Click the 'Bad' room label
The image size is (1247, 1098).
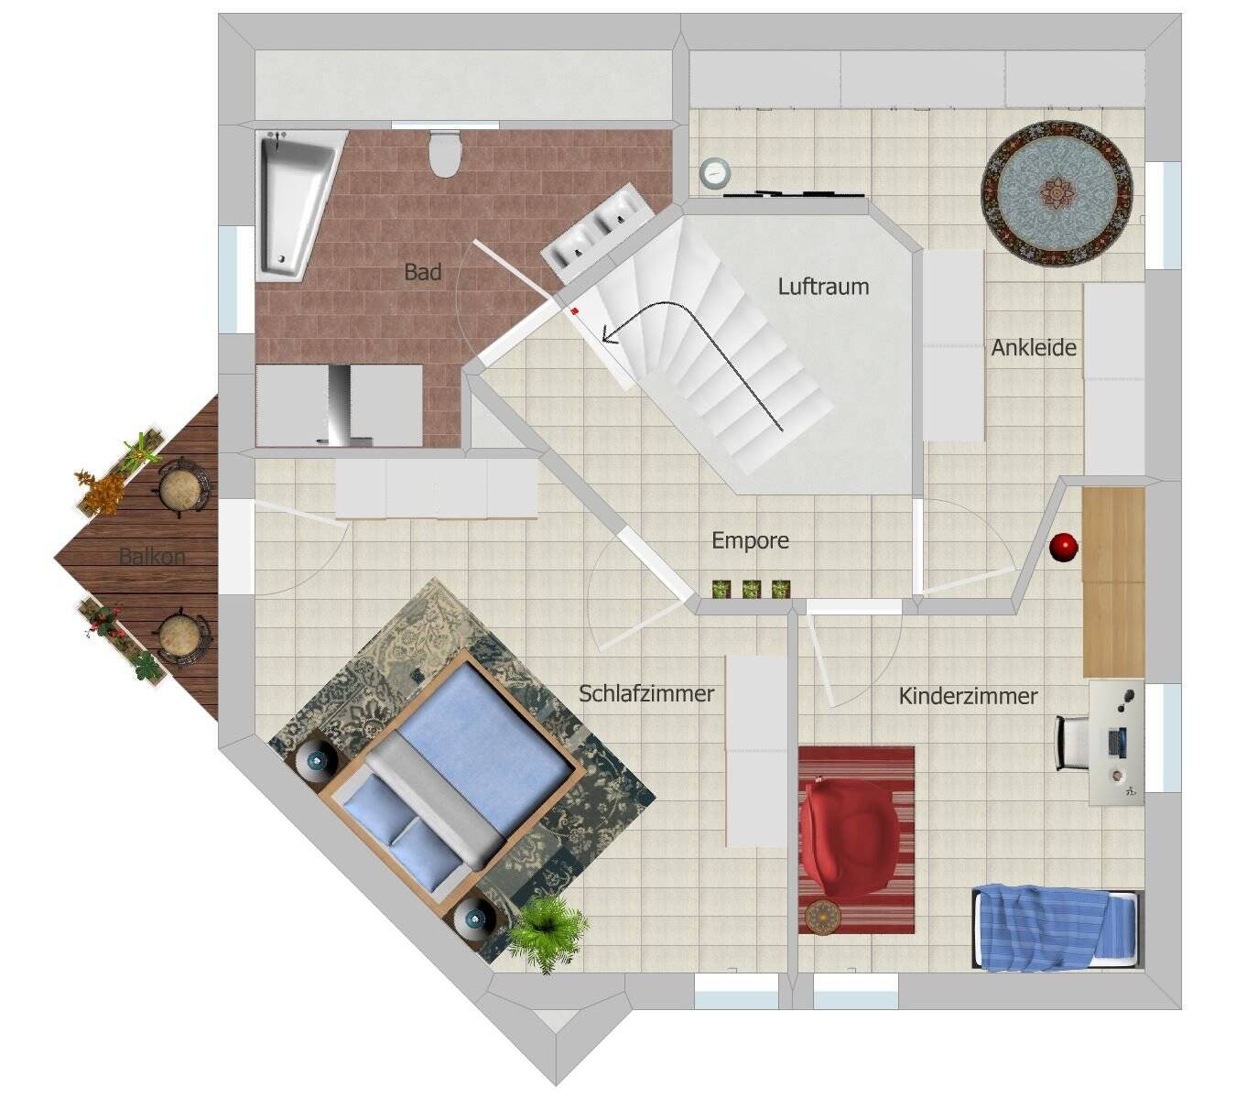tap(422, 272)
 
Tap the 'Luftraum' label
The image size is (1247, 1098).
tap(823, 287)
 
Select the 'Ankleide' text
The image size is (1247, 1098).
tap(1034, 348)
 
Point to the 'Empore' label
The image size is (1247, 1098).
tap(750, 540)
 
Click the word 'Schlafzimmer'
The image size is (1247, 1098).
tap(646, 693)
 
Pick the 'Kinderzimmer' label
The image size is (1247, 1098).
tap(968, 696)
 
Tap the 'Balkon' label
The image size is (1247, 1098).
tap(152, 556)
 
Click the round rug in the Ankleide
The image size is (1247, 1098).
tap(1057, 194)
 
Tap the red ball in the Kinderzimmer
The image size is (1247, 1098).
tap(1063, 547)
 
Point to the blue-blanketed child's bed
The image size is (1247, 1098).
tap(1055, 926)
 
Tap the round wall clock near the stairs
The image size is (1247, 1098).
tap(714, 172)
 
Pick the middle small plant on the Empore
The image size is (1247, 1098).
tap(752, 589)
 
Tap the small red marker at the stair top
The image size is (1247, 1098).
tap(574, 311)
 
